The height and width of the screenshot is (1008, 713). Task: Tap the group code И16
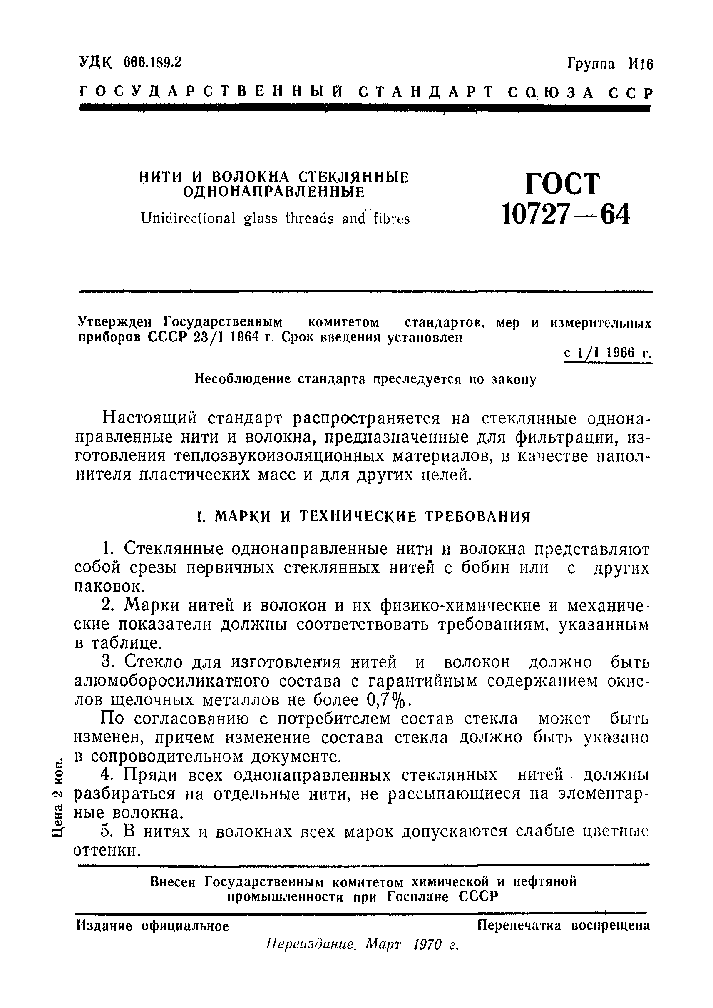click(641, 65)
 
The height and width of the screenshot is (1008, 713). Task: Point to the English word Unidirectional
click(188, 218)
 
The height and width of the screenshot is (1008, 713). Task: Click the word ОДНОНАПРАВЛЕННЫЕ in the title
click(273, 192)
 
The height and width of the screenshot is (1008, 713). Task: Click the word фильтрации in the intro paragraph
click(563, 438)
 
